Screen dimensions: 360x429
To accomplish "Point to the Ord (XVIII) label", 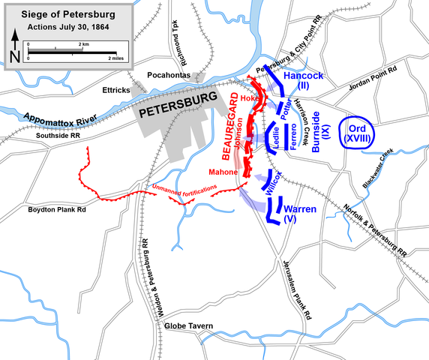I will pyautogui.click(x=358, y=132).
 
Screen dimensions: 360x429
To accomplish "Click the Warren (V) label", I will pyautogui.click(x=299, y=214).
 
